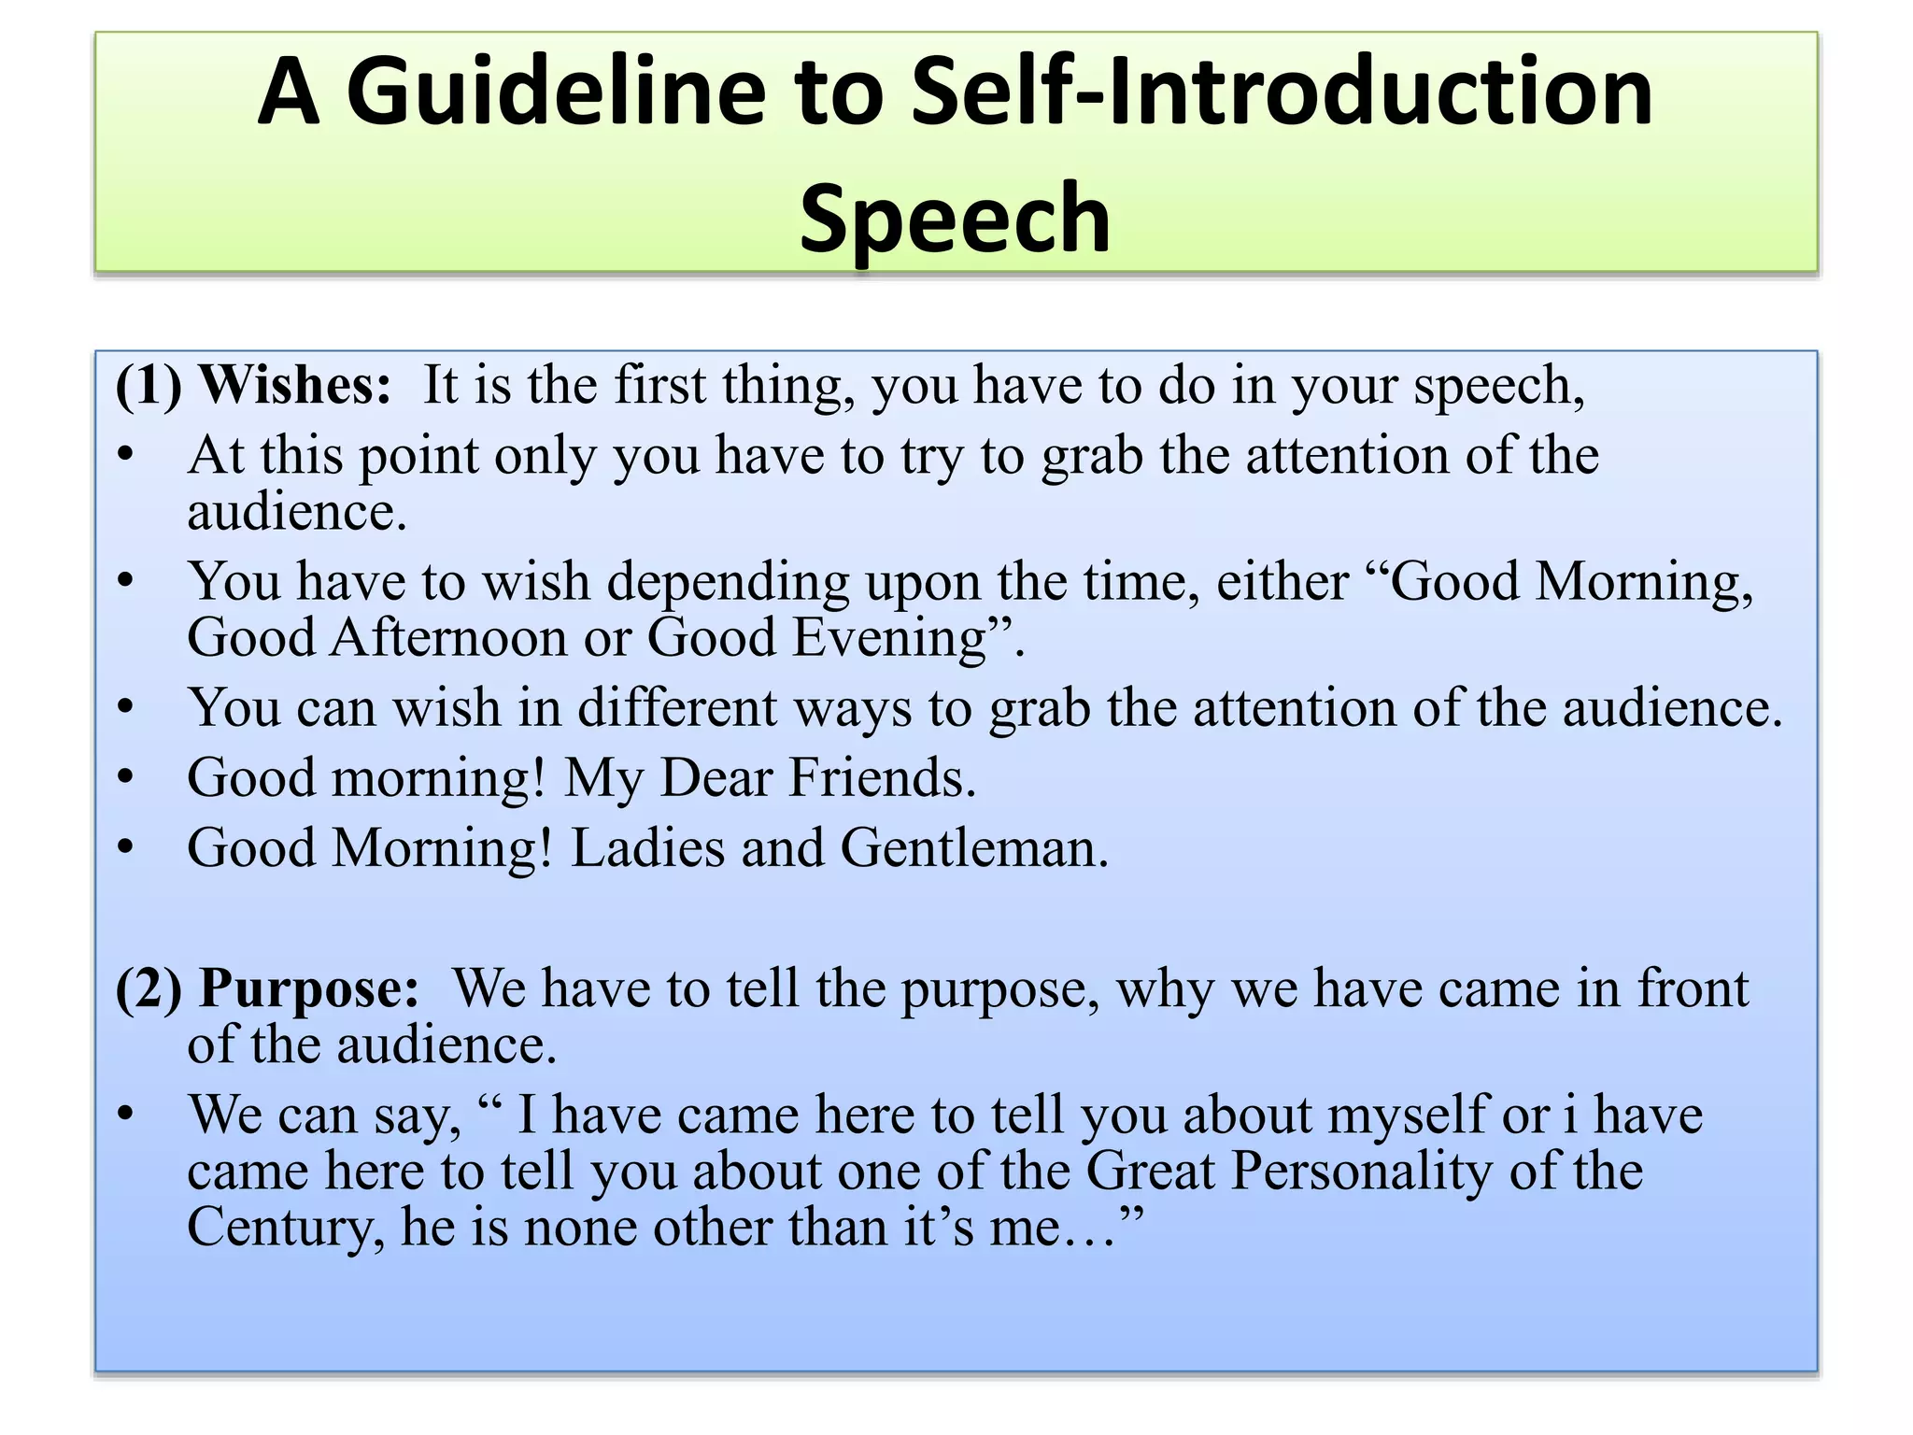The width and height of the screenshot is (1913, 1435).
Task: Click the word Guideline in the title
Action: coord(555,92)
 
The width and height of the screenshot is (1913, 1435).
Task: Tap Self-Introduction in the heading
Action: coord(1282,92)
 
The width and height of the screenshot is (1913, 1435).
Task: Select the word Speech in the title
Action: coord(955,218)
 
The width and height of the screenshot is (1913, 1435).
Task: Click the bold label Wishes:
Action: coord(295,385)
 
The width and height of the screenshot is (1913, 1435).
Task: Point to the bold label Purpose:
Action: coord(309,988)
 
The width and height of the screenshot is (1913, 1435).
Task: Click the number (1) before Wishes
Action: coord(148,385)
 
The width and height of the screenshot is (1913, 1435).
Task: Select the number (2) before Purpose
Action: coord(148,988)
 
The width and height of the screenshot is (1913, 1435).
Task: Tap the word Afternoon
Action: coord(447,638)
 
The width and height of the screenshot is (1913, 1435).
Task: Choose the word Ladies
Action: coord(647,848)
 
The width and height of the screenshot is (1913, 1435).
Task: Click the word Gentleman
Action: coord(973,848)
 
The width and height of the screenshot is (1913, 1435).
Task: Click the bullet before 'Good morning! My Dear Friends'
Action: coord(127,777)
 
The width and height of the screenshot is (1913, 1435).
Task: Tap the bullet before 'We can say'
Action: coord(127,1114)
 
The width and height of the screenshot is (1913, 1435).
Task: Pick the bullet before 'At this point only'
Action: coord(127,455)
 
